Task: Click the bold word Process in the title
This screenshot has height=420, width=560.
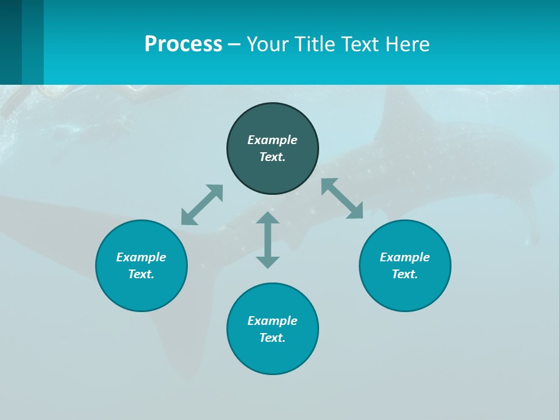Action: click(183, 44)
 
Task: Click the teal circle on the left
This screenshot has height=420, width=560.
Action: click(141, 292)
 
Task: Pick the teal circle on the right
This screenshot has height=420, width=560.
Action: click(405, 292)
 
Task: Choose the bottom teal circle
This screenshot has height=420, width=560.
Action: click(272, 356)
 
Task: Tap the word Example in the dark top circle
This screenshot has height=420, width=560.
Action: click(272, 140)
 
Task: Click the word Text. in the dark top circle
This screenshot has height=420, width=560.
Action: click(272, 157)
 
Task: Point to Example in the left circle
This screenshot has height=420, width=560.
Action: click(141, 257)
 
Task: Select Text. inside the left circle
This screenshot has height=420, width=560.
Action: click(141, 274)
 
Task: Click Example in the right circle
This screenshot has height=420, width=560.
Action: click(405, 257)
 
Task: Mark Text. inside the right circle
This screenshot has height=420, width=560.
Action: click(405, 274)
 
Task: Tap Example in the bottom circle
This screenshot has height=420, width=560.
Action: click(272, 321)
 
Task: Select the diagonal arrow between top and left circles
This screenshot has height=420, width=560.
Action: click(202, 205)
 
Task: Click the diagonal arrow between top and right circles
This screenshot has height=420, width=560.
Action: click(342, 198)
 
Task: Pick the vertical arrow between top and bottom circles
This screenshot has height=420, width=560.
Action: click(268, 240)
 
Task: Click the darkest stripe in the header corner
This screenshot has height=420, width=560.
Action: click(10, 42)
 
